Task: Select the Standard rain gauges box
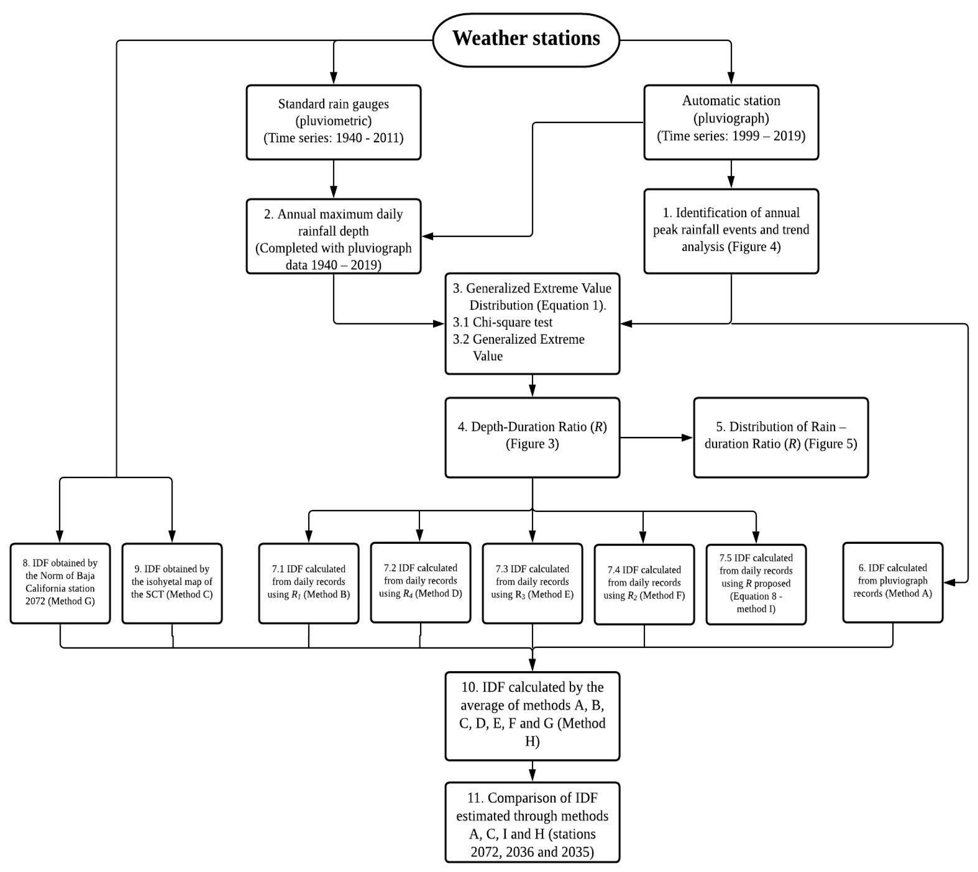pos(334,122)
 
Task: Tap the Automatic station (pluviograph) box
pos(731,122)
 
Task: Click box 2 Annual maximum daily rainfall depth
pos(334,236)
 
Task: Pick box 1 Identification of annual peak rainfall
pos(731,230)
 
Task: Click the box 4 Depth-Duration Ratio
pos(532,437)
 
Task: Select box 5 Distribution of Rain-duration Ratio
pos(781,437)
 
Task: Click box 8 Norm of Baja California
pos(60,583)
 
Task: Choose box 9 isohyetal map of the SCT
pos(172,583)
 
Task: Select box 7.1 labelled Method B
pos(308,583)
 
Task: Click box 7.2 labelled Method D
pos(420,582)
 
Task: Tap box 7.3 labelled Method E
pos(532,583)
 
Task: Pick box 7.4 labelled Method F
pos(644,584)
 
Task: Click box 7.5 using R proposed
pos(756,584)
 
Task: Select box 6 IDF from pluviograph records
pos(892,582)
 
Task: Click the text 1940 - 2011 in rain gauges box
pos(370,138)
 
